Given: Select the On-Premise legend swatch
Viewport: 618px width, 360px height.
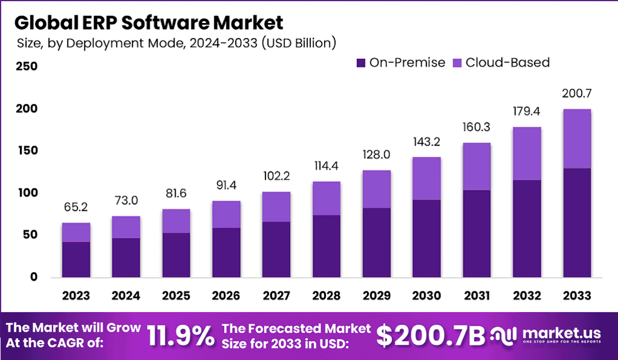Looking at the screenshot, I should (x=361, y=62).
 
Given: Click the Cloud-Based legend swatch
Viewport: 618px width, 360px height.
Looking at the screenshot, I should (x=457, y=62).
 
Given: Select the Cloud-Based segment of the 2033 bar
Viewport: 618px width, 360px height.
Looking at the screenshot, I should (x=576, y=139).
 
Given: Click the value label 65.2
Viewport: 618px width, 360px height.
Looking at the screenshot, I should (x=76, y=207).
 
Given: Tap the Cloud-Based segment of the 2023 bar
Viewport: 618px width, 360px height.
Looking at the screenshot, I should (x=76, y=232).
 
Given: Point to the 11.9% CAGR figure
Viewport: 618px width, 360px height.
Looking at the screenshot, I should (x=181, y=335).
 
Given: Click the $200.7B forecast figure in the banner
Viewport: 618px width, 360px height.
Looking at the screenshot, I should (x=430, y=335).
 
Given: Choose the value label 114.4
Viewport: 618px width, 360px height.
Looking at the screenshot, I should (x=326, y=166).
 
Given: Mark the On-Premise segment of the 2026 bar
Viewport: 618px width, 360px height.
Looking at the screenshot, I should (x=225, y=252).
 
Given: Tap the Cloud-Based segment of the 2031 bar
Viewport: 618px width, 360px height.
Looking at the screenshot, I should (x=476, y=167).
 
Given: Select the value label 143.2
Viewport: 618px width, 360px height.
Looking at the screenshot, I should (x=426, y=142).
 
